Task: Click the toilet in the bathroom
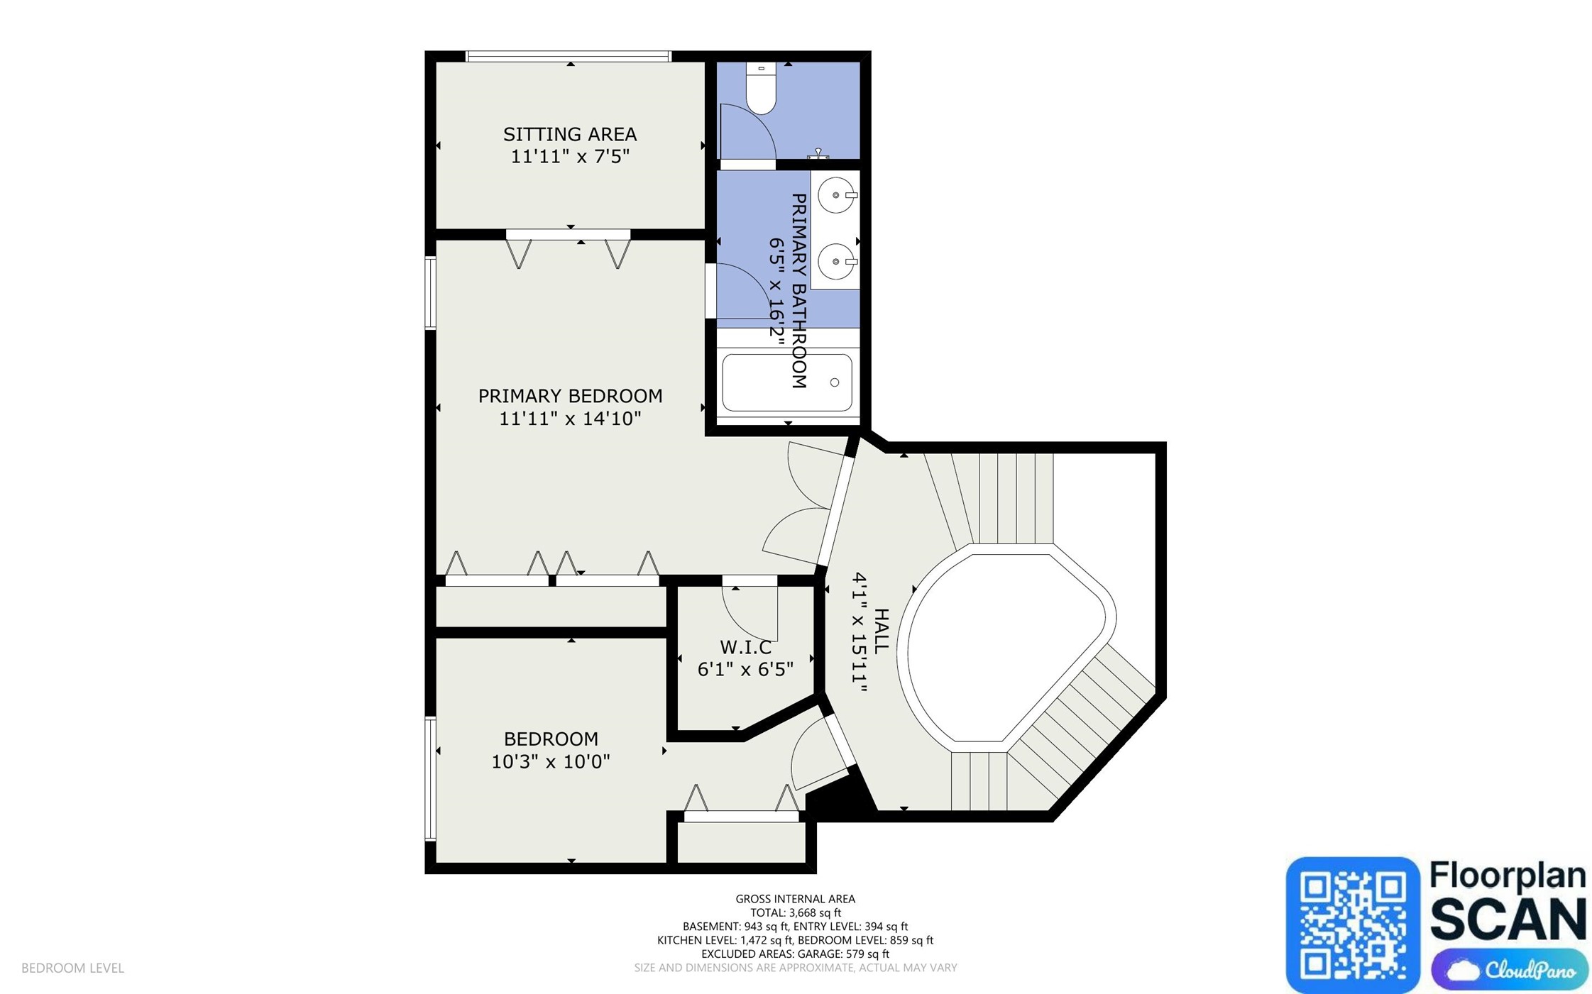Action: tap(761, 88)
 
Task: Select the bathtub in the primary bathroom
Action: tap(786, 382)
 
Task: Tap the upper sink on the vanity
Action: tap(838, 194)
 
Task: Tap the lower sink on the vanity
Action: tap(838, 261)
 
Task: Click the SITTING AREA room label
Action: tap(570, 134)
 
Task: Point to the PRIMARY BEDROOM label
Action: tap(570, 396)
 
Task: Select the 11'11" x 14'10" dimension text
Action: tap(570, 419)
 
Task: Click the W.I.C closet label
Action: tap(745, 647)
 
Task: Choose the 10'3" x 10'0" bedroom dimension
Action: tap(551, 762)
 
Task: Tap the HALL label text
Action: tap(881, 631)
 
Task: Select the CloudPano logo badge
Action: tap(1510, 969)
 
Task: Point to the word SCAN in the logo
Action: tap(1508, 919)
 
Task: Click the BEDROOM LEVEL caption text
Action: tap(72, 968)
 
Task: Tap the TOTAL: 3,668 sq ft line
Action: tap(796, 912)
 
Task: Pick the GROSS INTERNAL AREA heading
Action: tap(796, 899)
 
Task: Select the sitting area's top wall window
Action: tap(569, 56)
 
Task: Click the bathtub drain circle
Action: tap(835, 382)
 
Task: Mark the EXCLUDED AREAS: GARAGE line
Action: tap(796, 954)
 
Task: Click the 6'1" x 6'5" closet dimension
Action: tap(745, 669)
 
